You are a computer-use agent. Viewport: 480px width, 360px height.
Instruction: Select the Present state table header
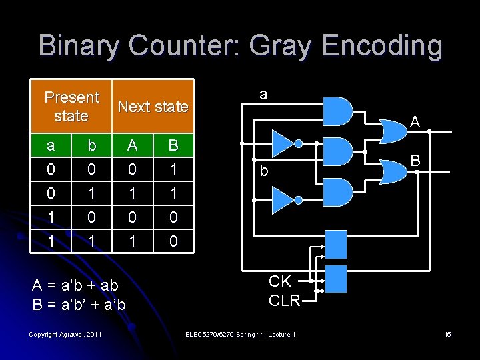[x=71, y=106]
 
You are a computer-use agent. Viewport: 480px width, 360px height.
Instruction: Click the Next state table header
[x=153, y=106]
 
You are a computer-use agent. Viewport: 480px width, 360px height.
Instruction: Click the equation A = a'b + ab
[x=75, y=285]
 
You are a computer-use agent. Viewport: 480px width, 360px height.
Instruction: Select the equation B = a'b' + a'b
[x=79, y=305]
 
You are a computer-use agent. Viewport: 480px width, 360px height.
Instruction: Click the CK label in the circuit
[x=280, y=281]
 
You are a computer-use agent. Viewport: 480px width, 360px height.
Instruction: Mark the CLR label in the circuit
[x=285, y=300]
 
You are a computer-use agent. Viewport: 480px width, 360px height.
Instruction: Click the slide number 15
[x=447, y=334]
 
